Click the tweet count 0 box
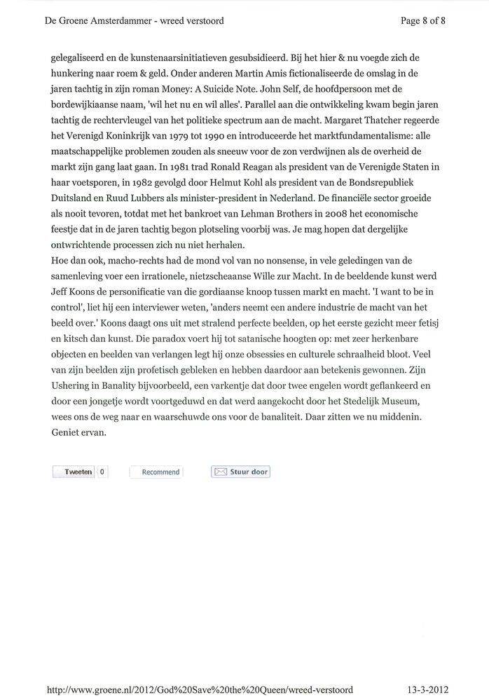point(102,472)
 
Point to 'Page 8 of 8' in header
point(422,20)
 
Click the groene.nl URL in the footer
point(199,689)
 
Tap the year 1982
point(123,183)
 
